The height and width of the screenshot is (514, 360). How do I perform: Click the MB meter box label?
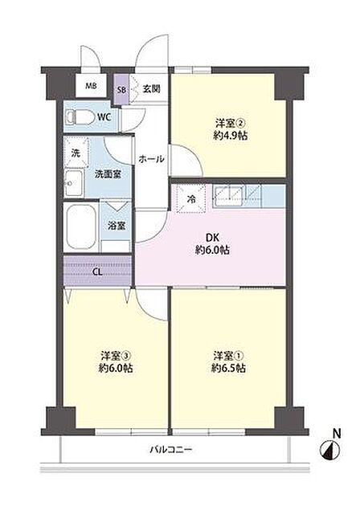click(91, 86)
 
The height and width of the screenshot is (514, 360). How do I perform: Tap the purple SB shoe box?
click(121, 89)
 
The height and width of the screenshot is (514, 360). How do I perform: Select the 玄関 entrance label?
click(152, 88)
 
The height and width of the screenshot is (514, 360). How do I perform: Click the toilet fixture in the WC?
click(78, 117)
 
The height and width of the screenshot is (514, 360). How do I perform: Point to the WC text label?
click(104, 117)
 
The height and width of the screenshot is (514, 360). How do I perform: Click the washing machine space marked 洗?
click(76, 153)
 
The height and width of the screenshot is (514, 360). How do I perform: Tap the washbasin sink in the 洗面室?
click(72, 183)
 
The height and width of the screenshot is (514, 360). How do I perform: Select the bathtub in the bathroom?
click(81, 227)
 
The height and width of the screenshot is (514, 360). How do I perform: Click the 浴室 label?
click(117, 226)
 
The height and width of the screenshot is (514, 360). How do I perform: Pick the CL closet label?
click(97, 271)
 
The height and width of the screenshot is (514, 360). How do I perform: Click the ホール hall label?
click(151, 160)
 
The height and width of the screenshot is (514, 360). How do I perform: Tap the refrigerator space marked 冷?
click(191, 198)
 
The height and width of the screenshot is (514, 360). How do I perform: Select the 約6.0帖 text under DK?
click(212, 251)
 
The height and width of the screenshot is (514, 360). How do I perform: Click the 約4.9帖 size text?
click(230, 136)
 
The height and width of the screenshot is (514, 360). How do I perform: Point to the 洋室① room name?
click(228, 356)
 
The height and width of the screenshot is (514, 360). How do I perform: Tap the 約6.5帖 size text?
click(228, 368)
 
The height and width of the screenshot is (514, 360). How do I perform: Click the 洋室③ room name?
click(116, 356)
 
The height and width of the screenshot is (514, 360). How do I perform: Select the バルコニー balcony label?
click(171, 449)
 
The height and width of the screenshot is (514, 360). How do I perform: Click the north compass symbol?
click(329, 450)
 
